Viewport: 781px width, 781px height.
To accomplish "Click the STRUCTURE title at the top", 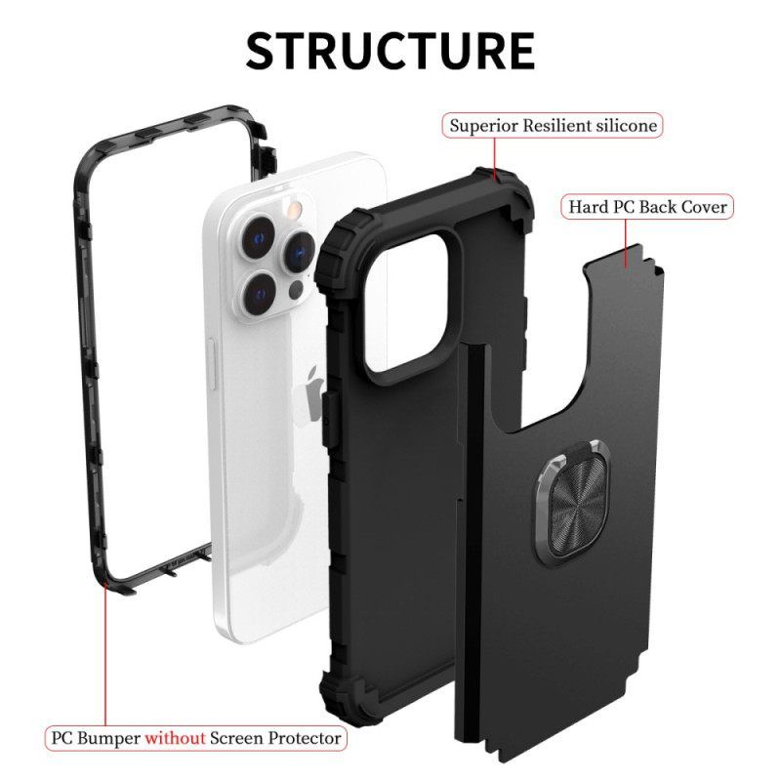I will [x=390, y=50].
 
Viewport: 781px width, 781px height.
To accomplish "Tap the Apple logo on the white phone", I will [x=311, y=390].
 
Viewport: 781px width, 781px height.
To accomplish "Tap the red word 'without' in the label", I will [x=177, y=737].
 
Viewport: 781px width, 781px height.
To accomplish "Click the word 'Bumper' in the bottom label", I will [x=110, y=737].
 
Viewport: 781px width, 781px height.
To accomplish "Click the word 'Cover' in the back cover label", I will [x=701, y=207].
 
